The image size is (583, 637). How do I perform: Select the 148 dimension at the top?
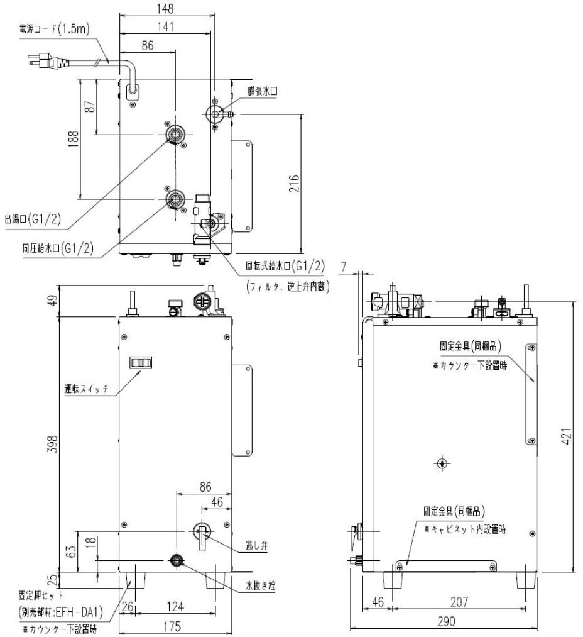[x=166, y=8]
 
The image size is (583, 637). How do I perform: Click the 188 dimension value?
[x=74, y=138]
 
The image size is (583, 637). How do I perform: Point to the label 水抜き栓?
[x=260, y=584]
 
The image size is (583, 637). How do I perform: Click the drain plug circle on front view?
[x=177, y=559]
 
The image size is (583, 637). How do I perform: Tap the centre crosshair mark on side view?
[x=442, y=463]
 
